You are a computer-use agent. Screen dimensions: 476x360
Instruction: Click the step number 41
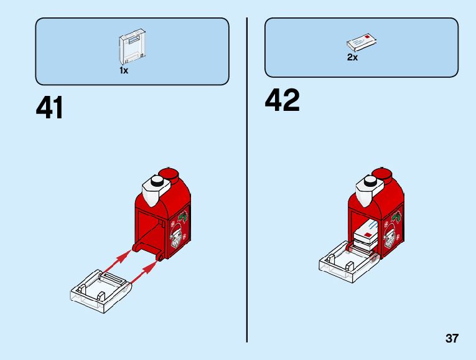[x=50, y=108]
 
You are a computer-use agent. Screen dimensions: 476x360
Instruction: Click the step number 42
[x=282, y=100]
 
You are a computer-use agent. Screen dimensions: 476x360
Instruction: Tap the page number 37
[x=452, y=339]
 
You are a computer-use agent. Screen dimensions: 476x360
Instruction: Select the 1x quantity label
[x=124, y=71]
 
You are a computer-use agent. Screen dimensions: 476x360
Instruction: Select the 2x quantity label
[x=352, y=58]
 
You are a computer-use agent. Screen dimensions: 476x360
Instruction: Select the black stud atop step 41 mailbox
[x=157, y=181]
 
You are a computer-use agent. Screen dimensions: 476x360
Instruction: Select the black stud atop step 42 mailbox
[x=371, y=181]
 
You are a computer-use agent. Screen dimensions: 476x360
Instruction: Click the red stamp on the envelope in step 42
[x=369, y=235]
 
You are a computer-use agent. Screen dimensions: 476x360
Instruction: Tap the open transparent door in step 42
[x=345, y=262]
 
